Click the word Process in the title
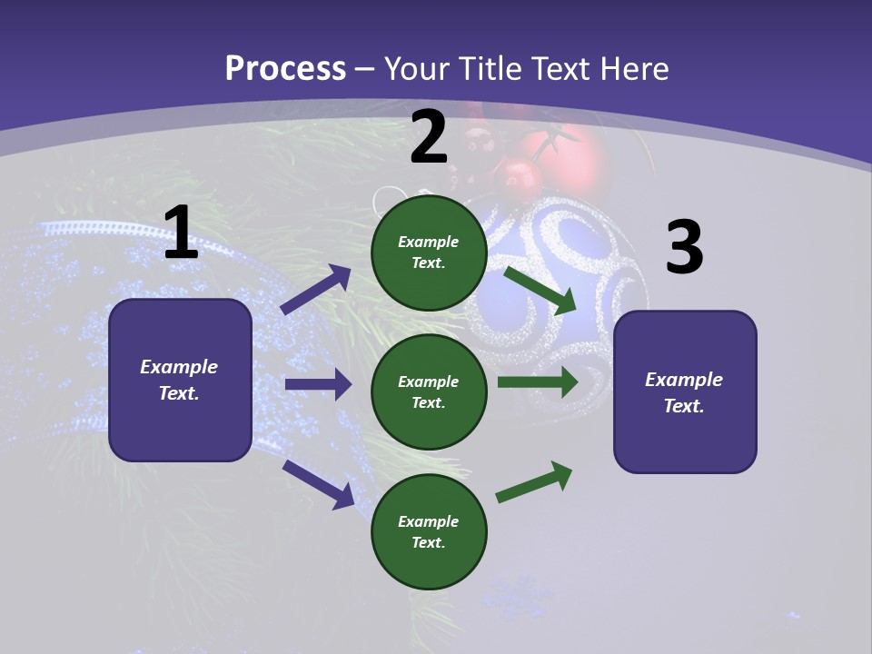click(x=285, y=69)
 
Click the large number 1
click(x=181, y=233)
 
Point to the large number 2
click(x=429, y=138)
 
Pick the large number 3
click(x=684, y=248)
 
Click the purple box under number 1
click(x=180, y=380)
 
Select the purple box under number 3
click(x=685, y=391)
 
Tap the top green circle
click(x=429, y=253)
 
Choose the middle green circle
click(x=429, y=391)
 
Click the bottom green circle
click(x=429, y=531)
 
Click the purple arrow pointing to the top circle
click(x=316, y=290)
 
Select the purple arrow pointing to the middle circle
click(x=318, y=384)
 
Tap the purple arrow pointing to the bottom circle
click(x=319, y=484)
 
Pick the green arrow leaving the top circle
click(x=540, y=290)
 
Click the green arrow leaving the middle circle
click(x=538, y=381)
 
